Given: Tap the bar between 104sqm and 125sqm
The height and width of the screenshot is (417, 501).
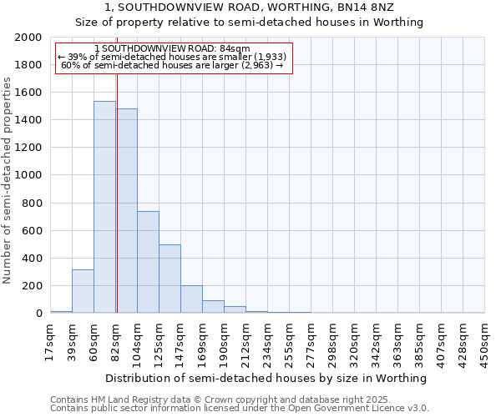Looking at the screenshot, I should tap(148, 262).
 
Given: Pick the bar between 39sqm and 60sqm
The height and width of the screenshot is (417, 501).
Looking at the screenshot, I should tap(83, 291).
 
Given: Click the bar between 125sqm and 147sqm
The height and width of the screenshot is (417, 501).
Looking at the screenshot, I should tap(170, 279).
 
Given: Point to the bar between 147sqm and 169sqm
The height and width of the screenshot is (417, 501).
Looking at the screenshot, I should tap(191, 299).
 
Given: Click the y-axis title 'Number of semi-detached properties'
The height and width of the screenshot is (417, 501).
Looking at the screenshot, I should tap(8, 180).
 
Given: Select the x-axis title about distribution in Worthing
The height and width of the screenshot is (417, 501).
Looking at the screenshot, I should tap(267, 378).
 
